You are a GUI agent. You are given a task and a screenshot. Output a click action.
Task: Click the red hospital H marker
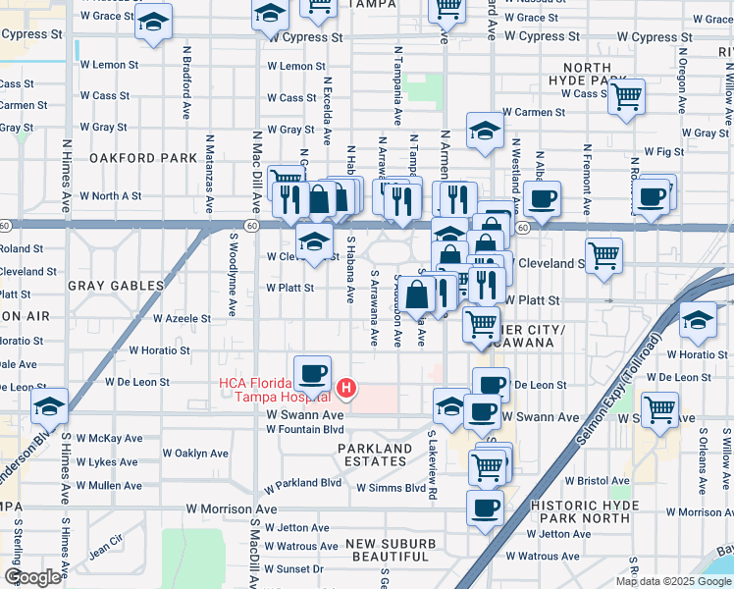tap(345, 390)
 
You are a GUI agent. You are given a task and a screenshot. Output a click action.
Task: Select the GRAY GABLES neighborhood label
tap(115, 286)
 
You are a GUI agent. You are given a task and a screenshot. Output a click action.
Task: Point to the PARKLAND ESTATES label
tap(375, 455)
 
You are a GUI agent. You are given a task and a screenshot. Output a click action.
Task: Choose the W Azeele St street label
tap(182, 319)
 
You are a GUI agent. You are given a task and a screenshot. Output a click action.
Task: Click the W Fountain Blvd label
tap(305, 429)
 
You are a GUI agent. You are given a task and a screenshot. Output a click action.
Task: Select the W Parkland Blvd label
tap(302, 483)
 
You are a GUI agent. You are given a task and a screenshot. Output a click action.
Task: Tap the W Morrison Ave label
tap(232, 509)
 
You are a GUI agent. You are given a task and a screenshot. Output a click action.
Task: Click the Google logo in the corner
tap(32, 577)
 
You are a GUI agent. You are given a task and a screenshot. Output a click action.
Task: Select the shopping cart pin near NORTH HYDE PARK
tap(626, 97)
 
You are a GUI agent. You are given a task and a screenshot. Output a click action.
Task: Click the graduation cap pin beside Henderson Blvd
tap(49, 405)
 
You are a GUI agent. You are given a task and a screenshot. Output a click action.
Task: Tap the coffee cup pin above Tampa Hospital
tap(312, 373)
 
